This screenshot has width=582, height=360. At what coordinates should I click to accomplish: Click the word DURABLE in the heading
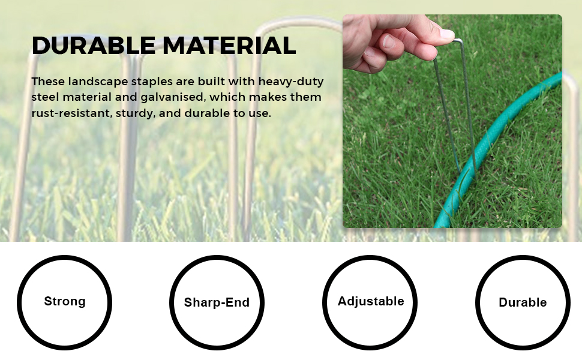tap(94, 46)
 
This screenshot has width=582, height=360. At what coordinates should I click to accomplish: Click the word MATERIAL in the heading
tap(229, 46)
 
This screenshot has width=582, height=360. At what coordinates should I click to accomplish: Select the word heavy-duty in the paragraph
tap(291, 82)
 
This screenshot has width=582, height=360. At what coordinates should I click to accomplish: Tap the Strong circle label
tap(65, 301)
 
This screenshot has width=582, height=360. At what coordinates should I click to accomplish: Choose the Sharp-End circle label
tap(217, 302)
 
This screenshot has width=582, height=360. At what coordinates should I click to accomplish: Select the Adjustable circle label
tap(371, 301)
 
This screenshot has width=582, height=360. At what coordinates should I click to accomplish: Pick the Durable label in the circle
tap(523, 302)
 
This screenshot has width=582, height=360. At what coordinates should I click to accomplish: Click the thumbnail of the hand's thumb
tap(447, 34)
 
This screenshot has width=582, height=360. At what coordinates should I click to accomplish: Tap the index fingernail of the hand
tap(389, 41)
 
